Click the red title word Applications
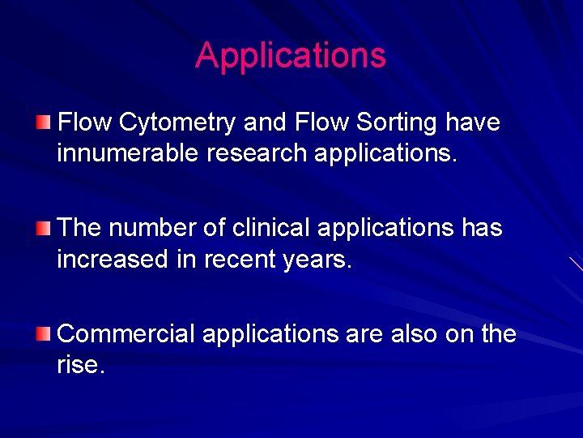tap(291, 56)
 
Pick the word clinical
tap(271, 228)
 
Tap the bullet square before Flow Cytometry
tap(43, 122)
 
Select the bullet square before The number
tap(43, 227)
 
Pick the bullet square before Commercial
tap(43, 333)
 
